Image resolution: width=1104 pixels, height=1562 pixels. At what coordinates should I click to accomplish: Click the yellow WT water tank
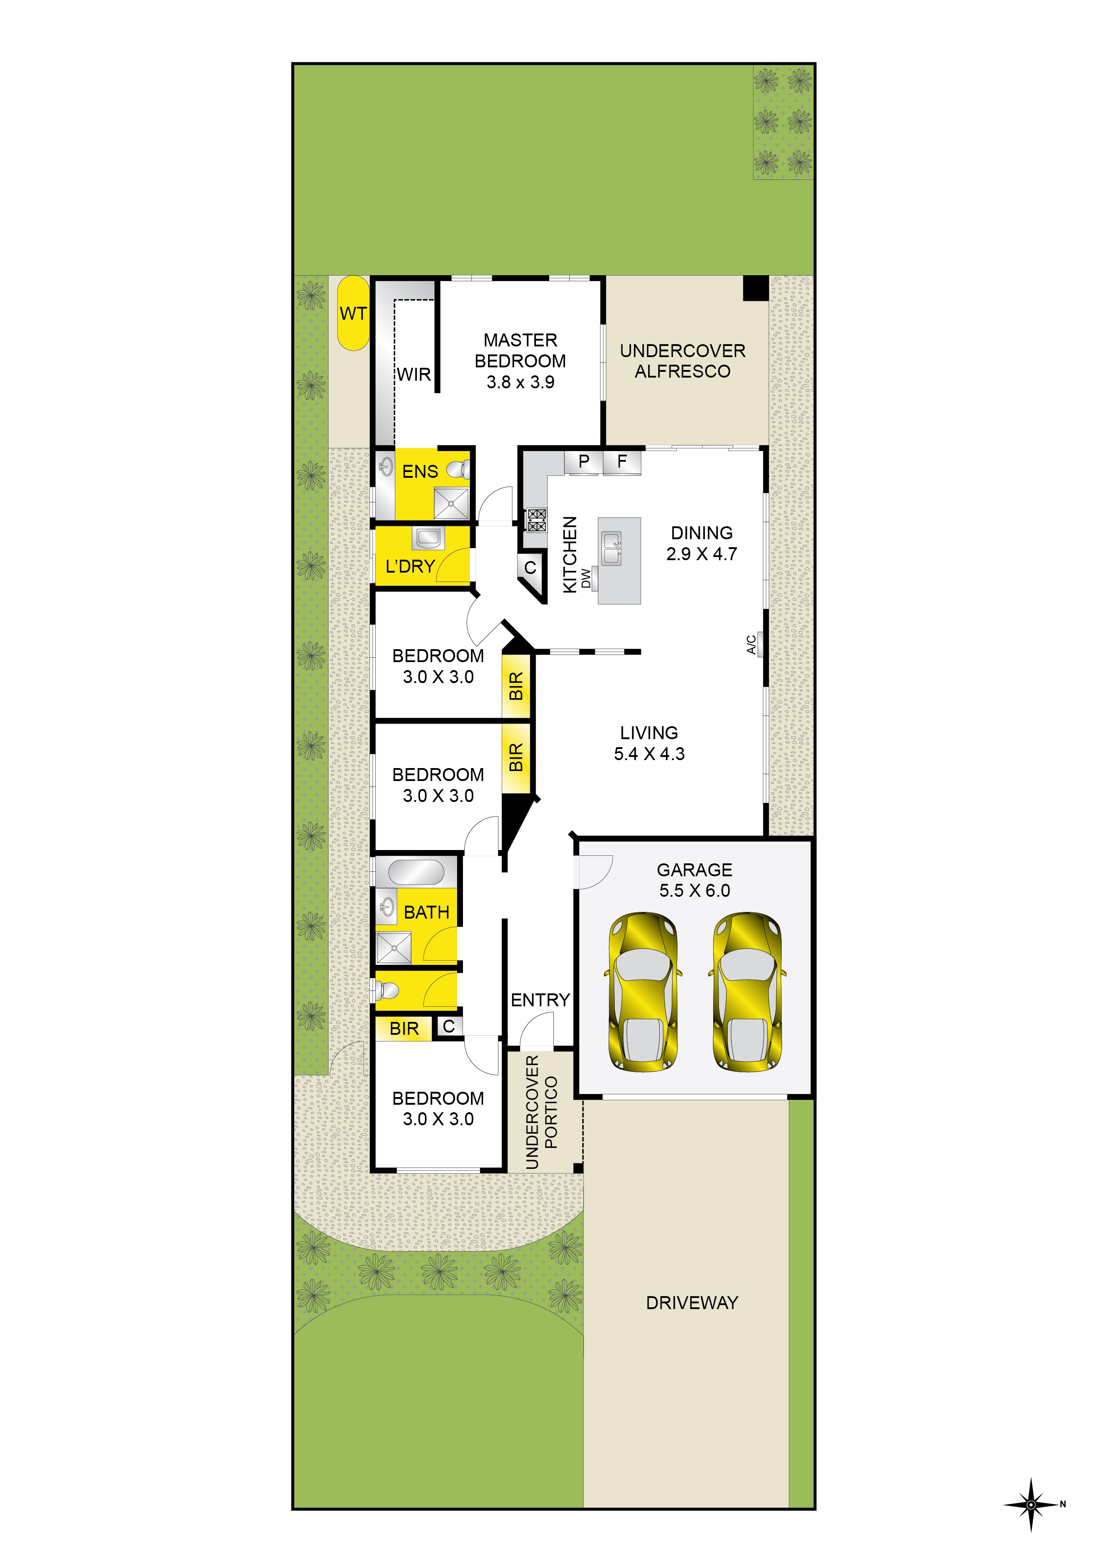click(353, 313)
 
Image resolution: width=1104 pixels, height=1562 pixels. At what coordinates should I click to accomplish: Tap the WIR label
click(414, 374)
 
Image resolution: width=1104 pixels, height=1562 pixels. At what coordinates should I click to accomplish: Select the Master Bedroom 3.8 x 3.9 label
click(520, 361)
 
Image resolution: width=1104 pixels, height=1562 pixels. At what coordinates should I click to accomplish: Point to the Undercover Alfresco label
click(682, 361)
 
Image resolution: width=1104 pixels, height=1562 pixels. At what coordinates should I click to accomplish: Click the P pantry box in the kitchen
click(583, 462)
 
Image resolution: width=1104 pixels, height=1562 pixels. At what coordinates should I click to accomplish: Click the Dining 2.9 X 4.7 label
click(701, 543)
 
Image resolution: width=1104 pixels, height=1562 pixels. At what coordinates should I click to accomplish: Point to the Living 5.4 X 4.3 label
click(649, 743)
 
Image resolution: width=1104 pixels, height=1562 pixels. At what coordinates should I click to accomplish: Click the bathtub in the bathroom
click(416, 871)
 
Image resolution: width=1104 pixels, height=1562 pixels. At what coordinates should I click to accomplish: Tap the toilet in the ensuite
click(459, 469)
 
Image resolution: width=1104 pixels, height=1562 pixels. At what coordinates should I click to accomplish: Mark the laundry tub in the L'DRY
click(428, 537)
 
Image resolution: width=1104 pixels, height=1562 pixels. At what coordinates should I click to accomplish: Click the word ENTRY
click(540, 999)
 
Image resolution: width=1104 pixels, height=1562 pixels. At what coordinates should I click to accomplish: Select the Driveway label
click(692, 1302)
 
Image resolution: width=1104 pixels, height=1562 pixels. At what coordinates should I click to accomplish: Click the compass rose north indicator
click(1032, 1504)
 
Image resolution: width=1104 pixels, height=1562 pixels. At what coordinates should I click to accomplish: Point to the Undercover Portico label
click(541, 1112)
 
